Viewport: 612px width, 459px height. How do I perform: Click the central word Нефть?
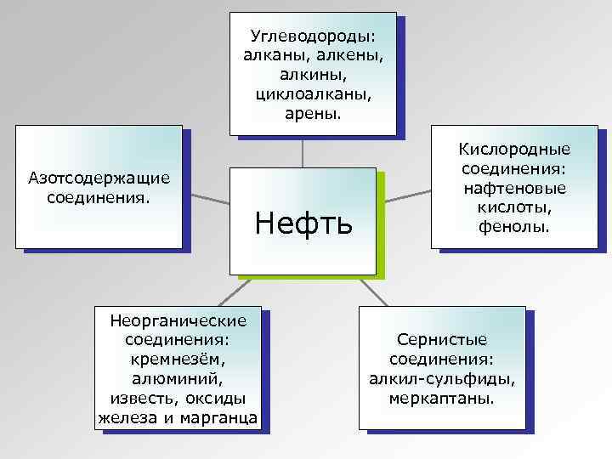[x=303, y=224]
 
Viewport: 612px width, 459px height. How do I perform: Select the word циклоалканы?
[x=310, y=93]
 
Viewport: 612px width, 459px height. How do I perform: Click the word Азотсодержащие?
[x=99, y=178]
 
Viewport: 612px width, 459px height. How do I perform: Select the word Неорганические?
[x=178, y=320]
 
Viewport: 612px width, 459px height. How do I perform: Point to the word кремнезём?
[x=178, y=359]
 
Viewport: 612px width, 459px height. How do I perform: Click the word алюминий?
[x=178, y=377]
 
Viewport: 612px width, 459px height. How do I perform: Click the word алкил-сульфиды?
[x=442, y=377]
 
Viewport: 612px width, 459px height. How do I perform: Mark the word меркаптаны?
[x=442, y=397]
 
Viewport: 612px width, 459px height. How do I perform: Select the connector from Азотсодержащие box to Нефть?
[x=208, y=200]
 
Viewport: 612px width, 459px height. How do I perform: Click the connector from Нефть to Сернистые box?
[x=375, y=293]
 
